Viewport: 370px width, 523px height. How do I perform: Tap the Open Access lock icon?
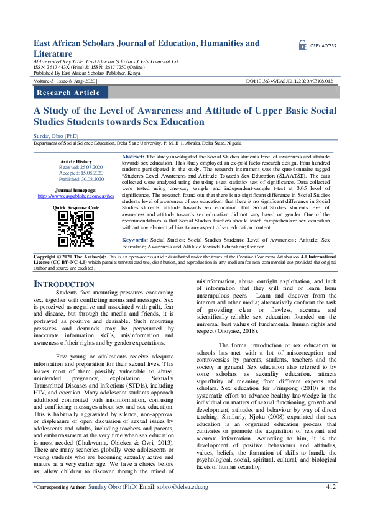(302, 45)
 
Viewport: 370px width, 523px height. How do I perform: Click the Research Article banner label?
(68, 93)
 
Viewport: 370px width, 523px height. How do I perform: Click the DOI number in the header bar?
(298, 81)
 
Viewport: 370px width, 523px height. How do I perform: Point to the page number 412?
(330, 504)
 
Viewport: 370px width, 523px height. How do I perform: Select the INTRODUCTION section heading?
(63, 284)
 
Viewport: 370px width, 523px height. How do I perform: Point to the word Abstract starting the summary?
(133, 157)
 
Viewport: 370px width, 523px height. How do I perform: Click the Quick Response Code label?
(75, 207)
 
